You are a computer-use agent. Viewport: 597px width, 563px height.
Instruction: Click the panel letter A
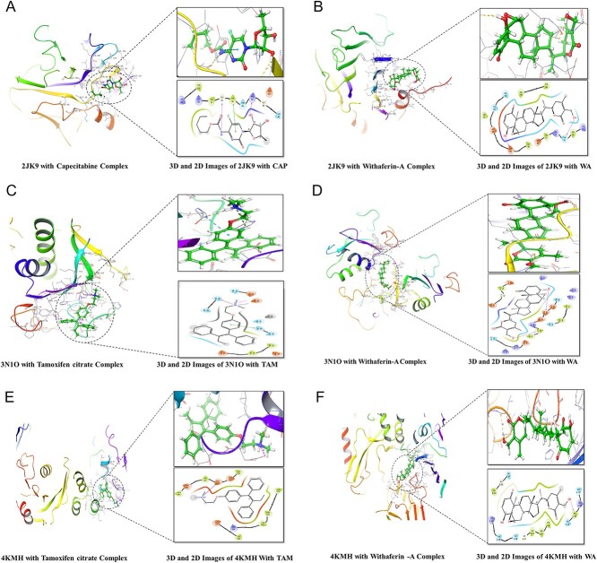(11, 10)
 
